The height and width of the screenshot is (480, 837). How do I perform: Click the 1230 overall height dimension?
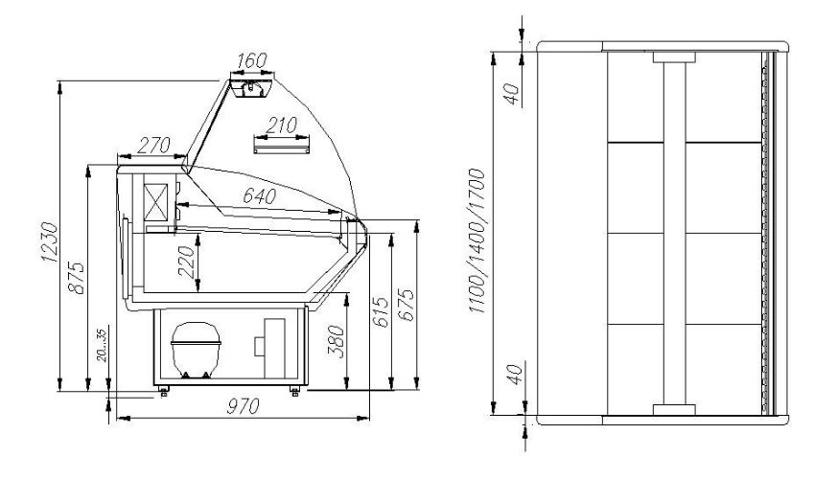click(x=49, y=242)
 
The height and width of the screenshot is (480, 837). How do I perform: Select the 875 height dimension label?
click(x=77, y=277)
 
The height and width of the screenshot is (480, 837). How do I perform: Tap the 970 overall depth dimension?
click(x=243, y=406)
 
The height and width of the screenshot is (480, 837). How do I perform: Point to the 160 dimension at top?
click(x=251, y=60)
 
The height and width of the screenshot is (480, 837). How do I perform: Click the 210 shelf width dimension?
click(x=281, y=126)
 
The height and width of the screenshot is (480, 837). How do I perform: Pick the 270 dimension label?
click(x=153, y=145)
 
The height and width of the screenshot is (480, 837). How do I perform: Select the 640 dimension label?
click(x=260, y=196)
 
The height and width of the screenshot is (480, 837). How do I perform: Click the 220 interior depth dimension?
click(x=186, y=262)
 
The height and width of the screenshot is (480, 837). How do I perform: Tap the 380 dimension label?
click(x=336, y=341)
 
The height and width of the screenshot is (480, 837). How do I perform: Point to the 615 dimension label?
click(x=380, y=311)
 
